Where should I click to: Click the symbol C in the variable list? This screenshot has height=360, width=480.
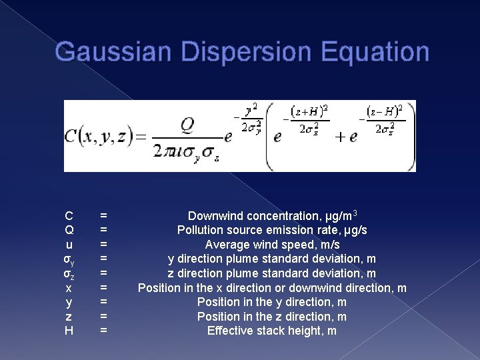coord(69,216)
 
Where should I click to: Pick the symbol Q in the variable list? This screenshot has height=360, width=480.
coord(69,230)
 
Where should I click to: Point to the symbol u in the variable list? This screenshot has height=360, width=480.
coord(69,245)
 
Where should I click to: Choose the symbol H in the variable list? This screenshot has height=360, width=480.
coord(69,331)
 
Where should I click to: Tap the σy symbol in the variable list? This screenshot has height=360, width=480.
coord(69,259)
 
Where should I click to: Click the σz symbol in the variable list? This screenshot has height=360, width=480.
coord(69,274)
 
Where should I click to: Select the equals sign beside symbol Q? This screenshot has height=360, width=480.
coord(103,230)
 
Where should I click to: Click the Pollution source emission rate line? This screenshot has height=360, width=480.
coord(272,230)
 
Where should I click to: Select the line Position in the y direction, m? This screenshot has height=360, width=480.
coord(272,302)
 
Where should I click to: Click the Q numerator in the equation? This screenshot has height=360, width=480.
coord(187,125)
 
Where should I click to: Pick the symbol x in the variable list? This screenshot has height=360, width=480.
coord(69,288)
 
